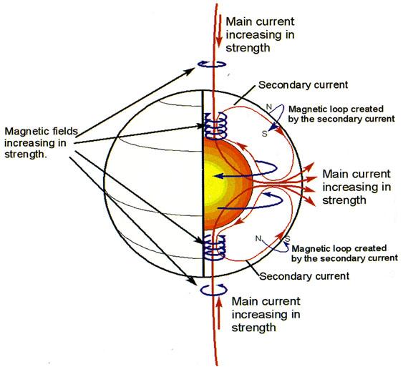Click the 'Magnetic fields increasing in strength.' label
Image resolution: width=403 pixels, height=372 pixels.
click(41, 143)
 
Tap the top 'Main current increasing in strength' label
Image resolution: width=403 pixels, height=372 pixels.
click(260, 34)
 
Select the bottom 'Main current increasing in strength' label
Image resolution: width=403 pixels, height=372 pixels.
click(266, 315)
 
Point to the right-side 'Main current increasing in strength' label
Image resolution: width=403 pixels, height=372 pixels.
click(356, 187)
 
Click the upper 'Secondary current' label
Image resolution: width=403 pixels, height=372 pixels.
click(304, 85)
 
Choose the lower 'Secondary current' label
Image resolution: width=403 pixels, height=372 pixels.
click(304, 276)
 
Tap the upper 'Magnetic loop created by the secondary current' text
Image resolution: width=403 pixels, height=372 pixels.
click(341, 114)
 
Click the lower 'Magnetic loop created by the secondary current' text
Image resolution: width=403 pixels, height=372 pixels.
click(344, 253)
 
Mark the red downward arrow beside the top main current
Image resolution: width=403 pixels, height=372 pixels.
click(219, 31)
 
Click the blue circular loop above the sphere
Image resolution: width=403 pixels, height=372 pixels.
click(212, 64)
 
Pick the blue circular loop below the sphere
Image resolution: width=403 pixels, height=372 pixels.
click(213, 290)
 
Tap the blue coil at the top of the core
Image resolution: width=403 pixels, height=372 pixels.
click(215, 126)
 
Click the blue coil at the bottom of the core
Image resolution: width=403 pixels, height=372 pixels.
click(215, 248)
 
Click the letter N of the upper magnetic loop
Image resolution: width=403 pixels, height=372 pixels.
click(269, 107)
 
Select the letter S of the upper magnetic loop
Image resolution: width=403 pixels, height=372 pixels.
click(265, 134)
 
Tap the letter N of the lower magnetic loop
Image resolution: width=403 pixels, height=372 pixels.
click(258, 239)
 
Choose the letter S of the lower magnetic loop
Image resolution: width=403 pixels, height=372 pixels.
click(288, 239)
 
